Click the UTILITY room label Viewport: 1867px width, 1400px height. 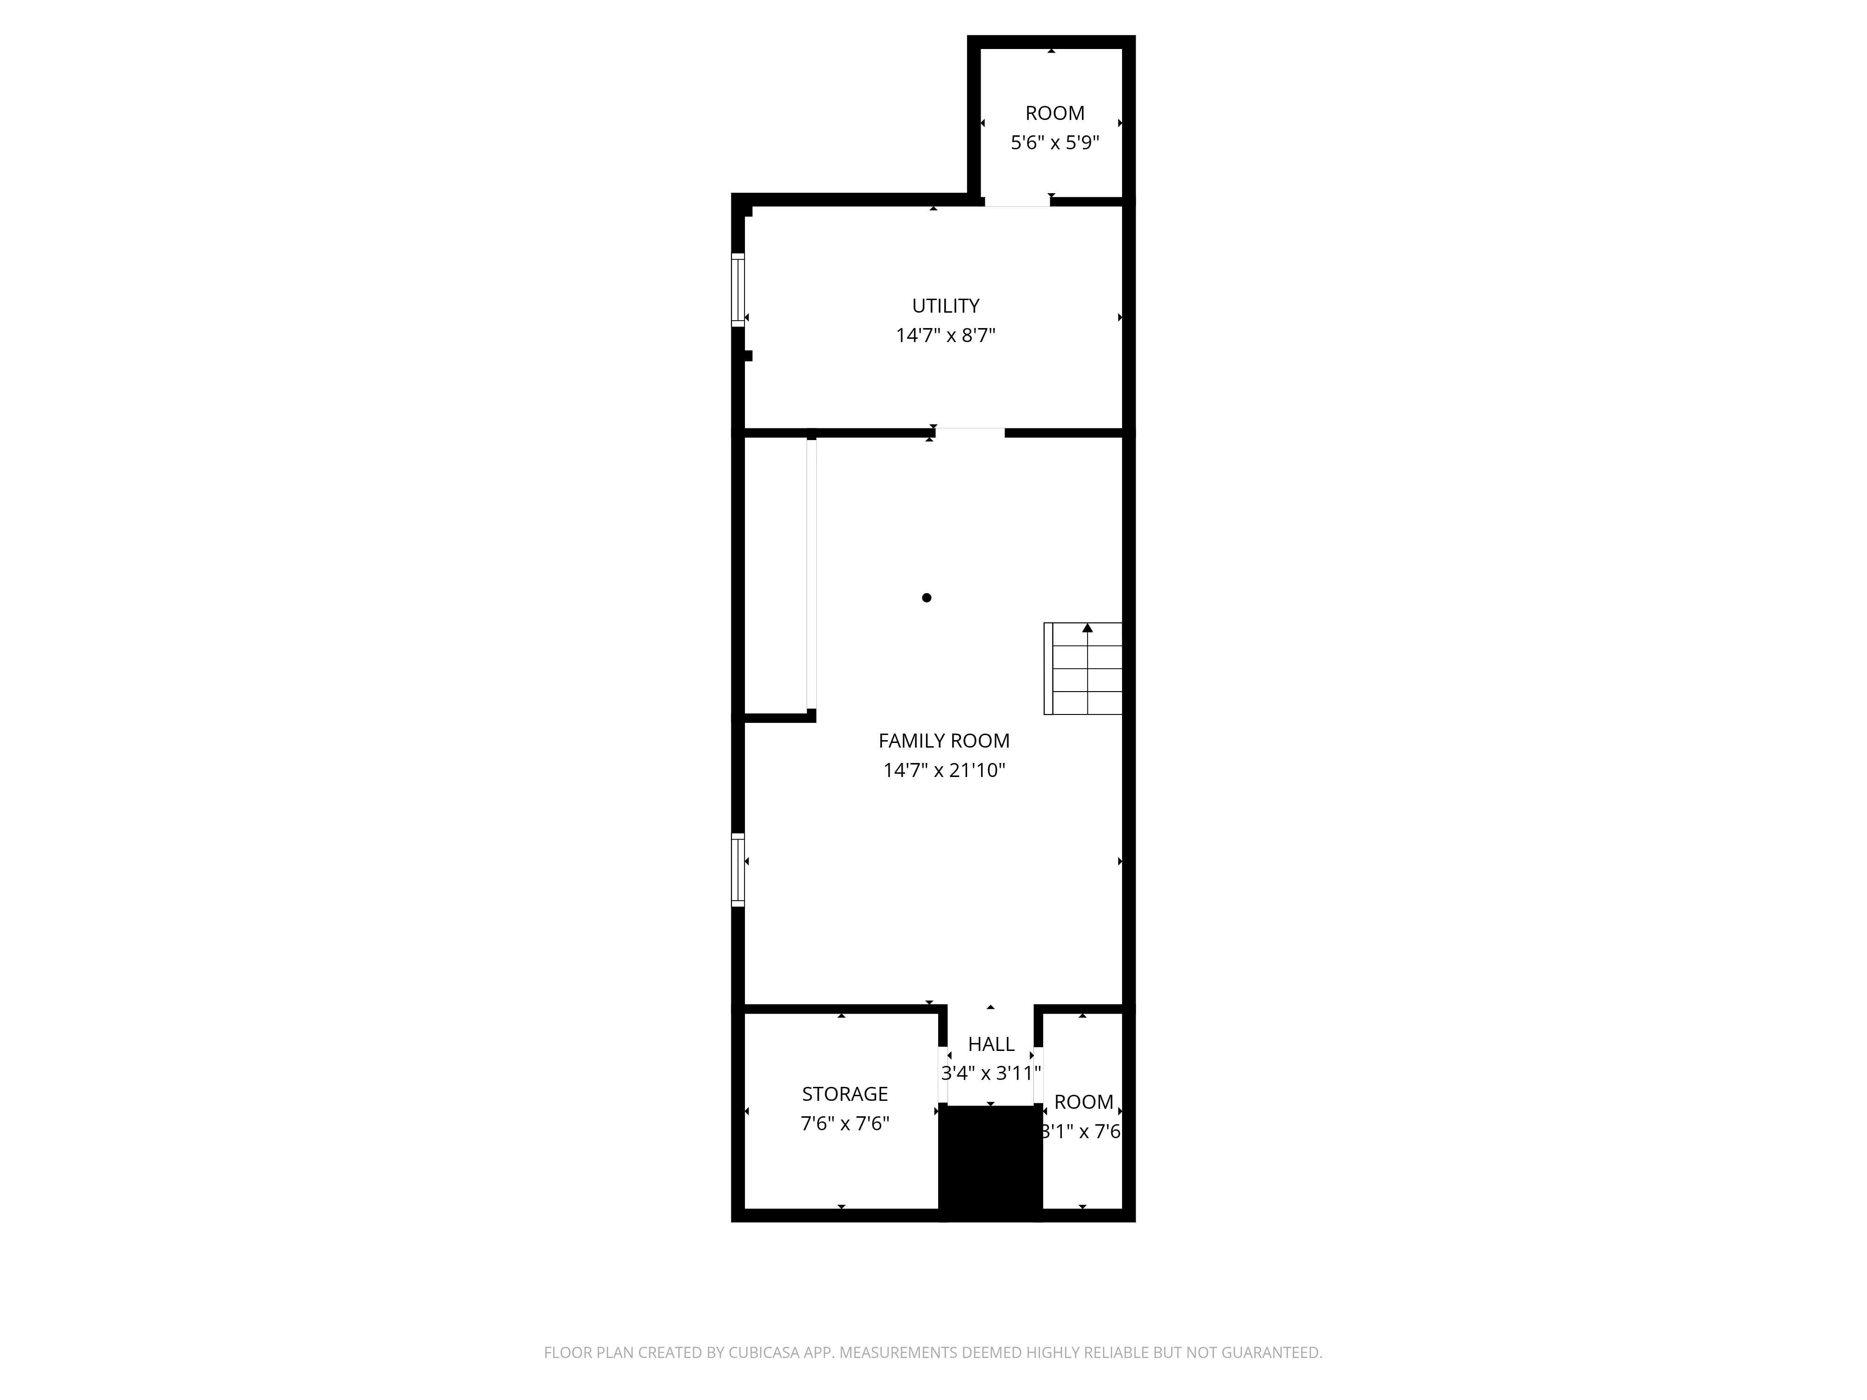(x=945, y=306)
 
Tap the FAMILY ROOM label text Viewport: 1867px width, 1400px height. (x=944, y=740)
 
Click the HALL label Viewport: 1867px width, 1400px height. (x=991, y=1044)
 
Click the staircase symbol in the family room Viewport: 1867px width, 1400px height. (x=1084, y=668)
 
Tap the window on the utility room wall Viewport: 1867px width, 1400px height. (x=737, y=289)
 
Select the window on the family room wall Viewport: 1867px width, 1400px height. (x=737, y=869)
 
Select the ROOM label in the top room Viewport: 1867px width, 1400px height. (x=1055, y=113)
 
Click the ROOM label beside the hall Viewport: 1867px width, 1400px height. (x=1084, y=1102)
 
